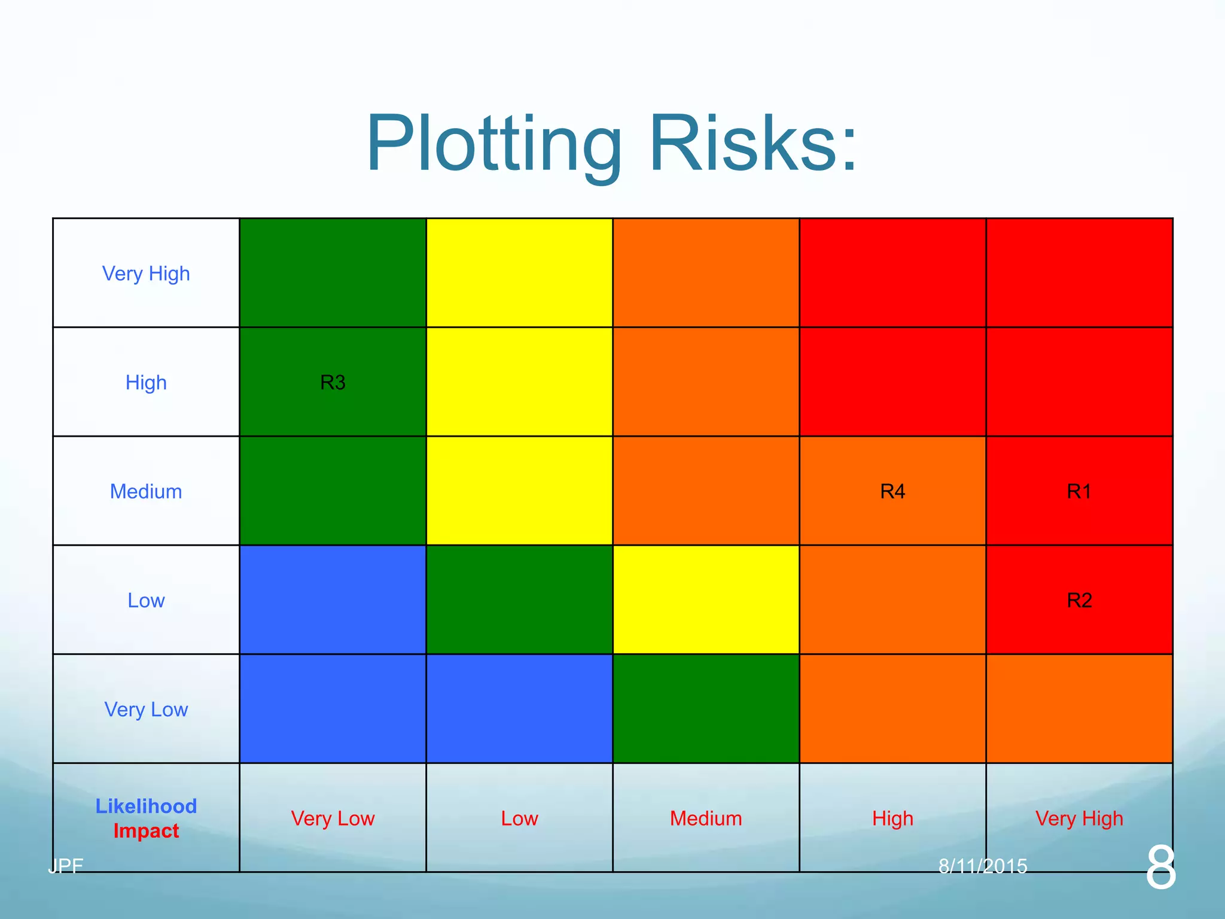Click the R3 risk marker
(x=333, y=382)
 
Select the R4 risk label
(x=892, y=491)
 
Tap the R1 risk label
(x=1079, y=491)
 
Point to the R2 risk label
(x=1079, y=600)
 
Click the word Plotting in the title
(x=494, y=145)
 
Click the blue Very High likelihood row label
(x=146, y=273)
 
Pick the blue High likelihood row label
(x=146, y=382)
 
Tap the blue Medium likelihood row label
(x=146, y=491)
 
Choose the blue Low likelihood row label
(x=146, y=600)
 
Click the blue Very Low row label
(x=146, y=710)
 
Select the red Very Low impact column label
(x=333, y=818)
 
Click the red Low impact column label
(x=519, y=818)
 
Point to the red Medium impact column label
(x=706, y=818)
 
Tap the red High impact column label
(x=892, y=818)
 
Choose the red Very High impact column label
(x=1079, y=818)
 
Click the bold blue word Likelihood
(x=146, y=806)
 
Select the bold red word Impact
(x=146, y=831)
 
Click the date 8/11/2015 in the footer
(x=983, y=866)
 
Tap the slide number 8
(x=1160, y=867)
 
